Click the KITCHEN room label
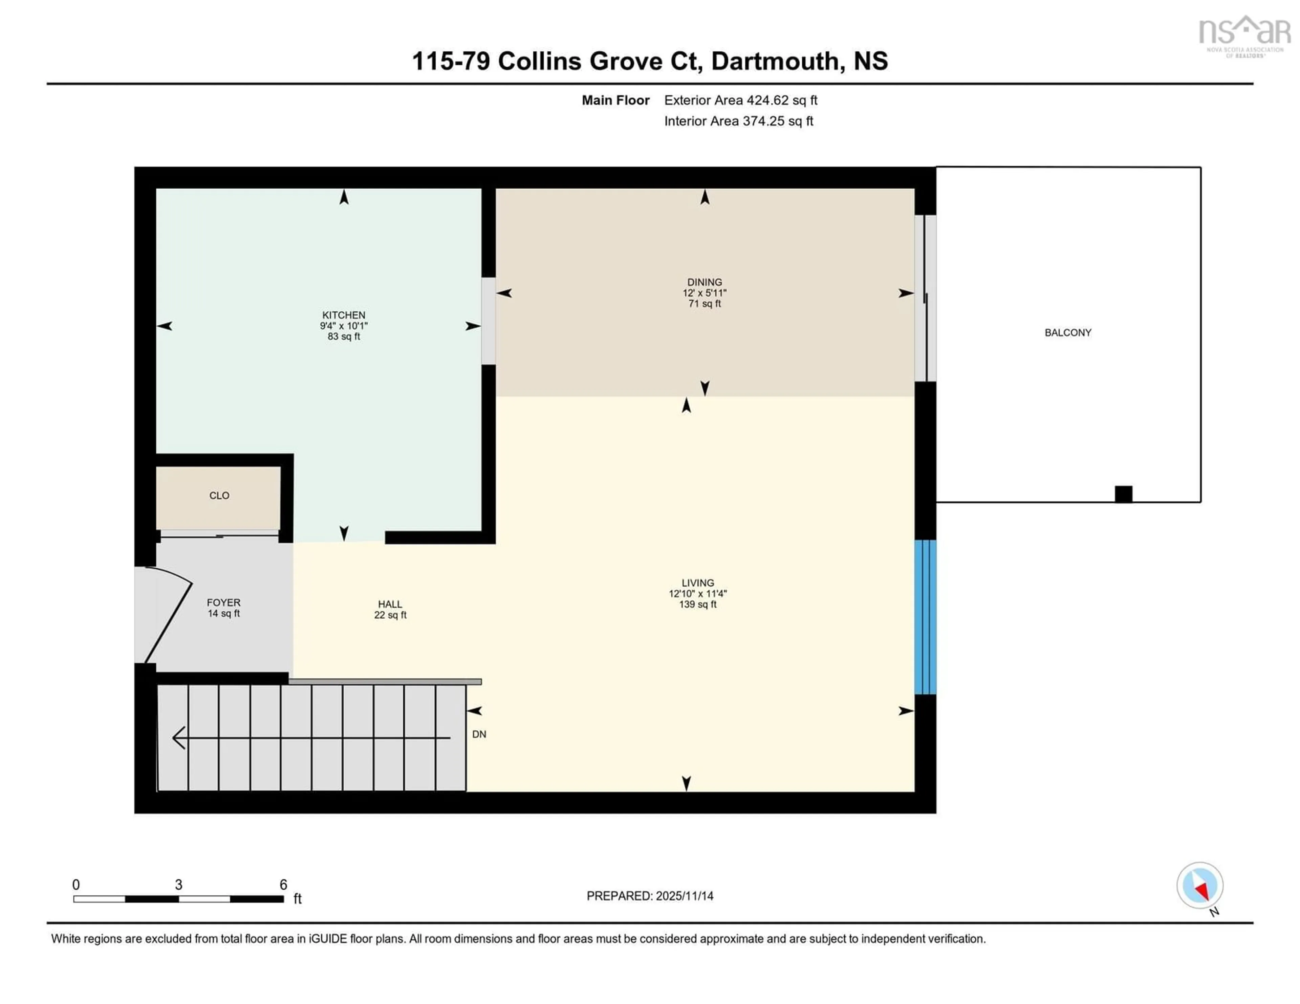click(344, 315)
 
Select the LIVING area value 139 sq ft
click(698, 604)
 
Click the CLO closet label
click(219, 495)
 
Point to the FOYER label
click(223, 602)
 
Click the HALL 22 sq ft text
click(390, 615)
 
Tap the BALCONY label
click(1068, 333)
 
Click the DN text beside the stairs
click(479, 735)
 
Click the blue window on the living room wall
click(925, 616)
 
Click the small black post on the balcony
click(1123, 494)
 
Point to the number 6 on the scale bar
click(283, 885)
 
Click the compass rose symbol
click(1199, 886)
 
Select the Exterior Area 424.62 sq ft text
click(740, 100)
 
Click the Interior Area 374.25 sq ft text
click(738, 121)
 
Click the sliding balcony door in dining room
click(925, 298)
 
